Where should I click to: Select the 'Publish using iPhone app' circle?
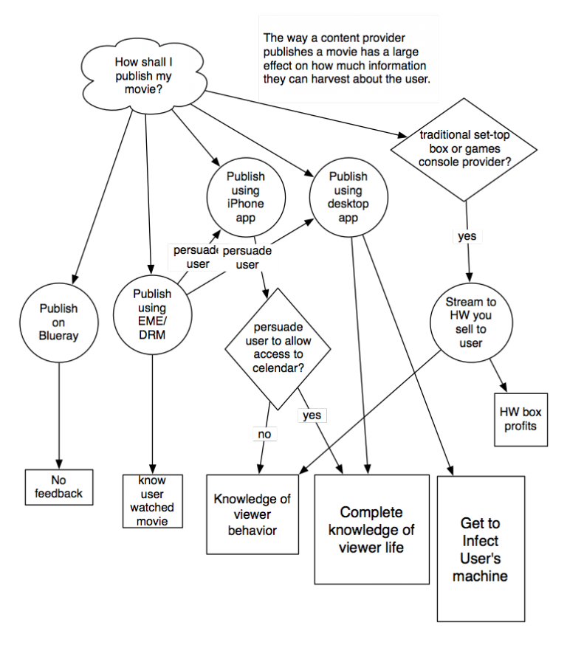coord(246,197)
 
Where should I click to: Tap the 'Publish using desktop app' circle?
coord(348,197)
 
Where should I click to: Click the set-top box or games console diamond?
coord(464,148)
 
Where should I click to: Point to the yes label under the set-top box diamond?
coord(467,236)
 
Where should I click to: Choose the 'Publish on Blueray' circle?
coord(58,322)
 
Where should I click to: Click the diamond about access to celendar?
coord(278,348)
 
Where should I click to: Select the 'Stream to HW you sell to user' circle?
coord(471,322)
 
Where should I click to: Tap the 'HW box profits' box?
coord(520,419)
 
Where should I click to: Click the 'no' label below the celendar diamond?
coord(264,434)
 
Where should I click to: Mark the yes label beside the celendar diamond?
coord(312,415)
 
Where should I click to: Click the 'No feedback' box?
coord(59,487)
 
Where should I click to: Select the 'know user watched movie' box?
coord(152,501)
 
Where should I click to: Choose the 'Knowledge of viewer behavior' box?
coord(252,514)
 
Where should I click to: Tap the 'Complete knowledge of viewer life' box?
coord(371,529)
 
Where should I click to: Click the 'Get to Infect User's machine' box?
coord(480,549)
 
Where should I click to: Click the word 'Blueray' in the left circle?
coord(58,336)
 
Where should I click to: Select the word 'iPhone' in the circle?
coord(246,204)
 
